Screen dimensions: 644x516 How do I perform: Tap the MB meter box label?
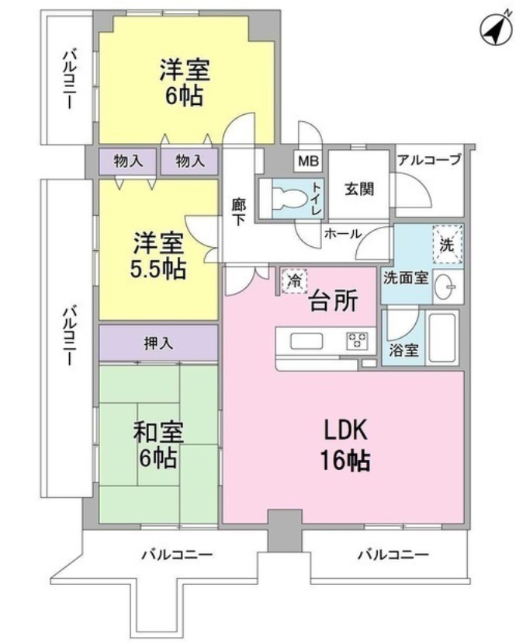click(307, 162)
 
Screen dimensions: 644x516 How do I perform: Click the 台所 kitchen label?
click(334, 300)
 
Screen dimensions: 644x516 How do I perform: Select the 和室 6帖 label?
click(158, 444)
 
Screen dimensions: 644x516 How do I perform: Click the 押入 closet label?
click(158, 343)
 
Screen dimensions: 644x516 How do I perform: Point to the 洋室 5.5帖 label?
click(158, 257)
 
